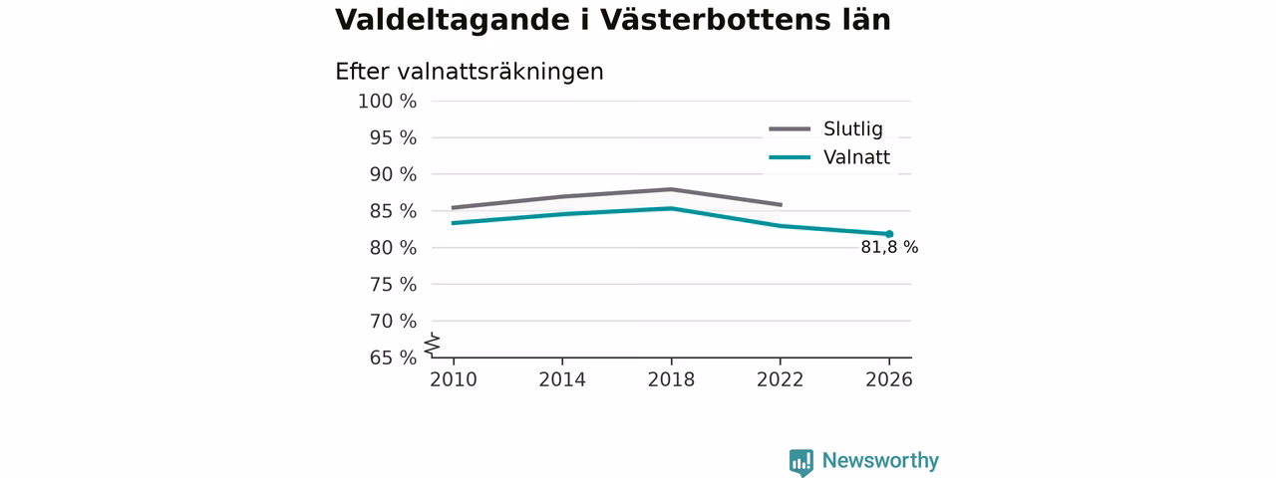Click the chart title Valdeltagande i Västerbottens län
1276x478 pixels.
613,20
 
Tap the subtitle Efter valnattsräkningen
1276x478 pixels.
470,72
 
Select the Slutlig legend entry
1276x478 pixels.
826,128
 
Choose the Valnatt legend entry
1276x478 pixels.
829,157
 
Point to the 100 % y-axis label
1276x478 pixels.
388,102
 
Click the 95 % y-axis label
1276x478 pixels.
393,137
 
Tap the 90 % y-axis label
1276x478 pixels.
393,174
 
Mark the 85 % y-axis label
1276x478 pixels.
393,211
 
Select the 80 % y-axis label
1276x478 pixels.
393,248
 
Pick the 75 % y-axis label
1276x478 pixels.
393,284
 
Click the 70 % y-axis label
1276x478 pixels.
393,321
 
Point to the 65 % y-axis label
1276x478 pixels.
393,358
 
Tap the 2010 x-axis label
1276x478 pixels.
454,379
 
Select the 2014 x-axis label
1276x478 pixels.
562,379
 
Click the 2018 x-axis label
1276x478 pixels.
671,379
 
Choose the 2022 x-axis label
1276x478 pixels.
780,379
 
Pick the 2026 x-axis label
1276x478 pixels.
888,379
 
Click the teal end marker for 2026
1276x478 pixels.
889,234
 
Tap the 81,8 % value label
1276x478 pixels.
889,248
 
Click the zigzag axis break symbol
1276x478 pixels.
433,345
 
